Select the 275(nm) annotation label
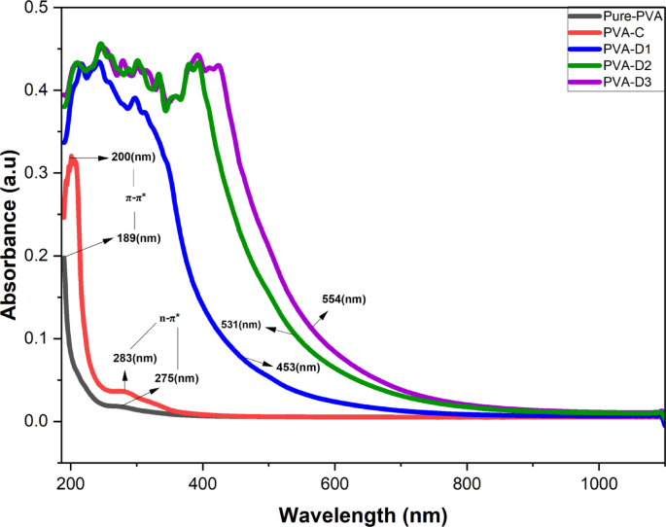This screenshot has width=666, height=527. click(176, 378)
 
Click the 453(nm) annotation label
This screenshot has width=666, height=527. click(298, 367)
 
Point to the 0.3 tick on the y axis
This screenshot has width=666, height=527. click(35, 173)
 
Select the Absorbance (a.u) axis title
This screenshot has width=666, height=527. click(11, 233)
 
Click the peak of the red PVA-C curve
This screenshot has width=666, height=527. click(72, 157)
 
